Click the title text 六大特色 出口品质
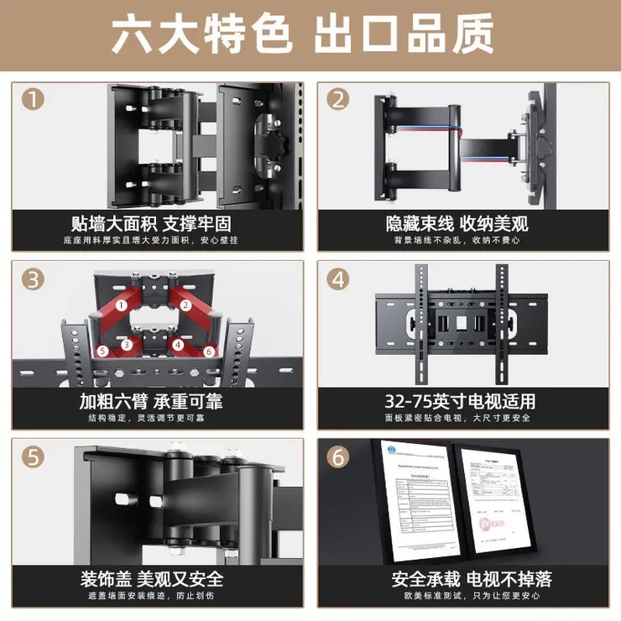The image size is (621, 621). pyautogui.click(x=310, y=36)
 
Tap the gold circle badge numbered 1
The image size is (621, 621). pyautogui.click(x=34, y=100)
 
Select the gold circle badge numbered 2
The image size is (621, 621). pyautogui.click(x=338, y=100)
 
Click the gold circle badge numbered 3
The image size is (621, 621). pyautogui.click(x=34, y=278)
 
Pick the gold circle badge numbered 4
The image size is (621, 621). pyautogui.click(x=338, y=278)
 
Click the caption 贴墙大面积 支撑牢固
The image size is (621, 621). pyautogui.click(x=151, y=224)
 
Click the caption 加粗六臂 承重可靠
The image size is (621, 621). pyautogui.click(x=151, y=401)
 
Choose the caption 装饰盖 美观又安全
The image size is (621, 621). pyautogui.click(x=151, y=579)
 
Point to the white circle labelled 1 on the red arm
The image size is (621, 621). pyautogui.click(x=122, y=305)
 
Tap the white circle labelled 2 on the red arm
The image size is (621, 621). pyautogui.click(x=185, y=305)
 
